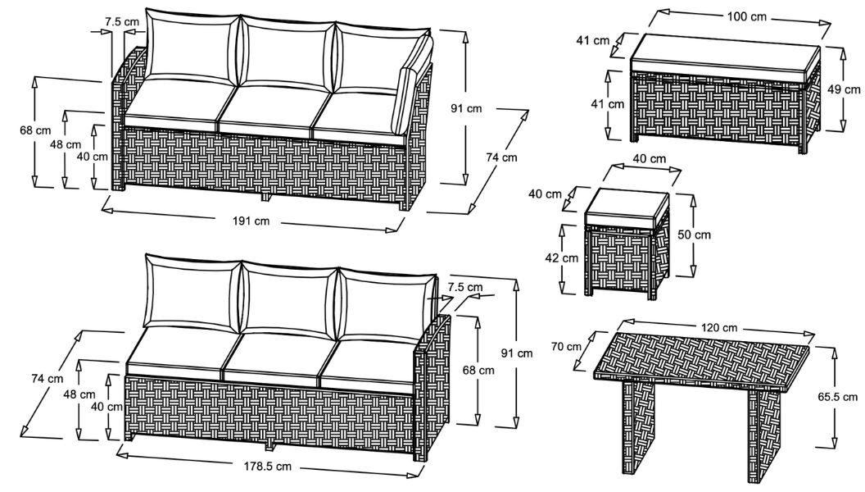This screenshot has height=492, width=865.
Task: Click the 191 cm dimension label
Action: pyautogui.click(x=251, y=221)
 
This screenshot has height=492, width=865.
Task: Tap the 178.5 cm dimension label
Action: pyautogui.click(x=268, y=466)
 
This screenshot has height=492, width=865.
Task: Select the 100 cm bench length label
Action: pyautogui.click(x=746, y=16)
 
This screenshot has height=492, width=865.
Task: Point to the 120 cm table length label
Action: pyautogui.click(x=719, y=327)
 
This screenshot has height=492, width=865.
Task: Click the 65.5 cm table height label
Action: pyautogui.click(x=838, y=397)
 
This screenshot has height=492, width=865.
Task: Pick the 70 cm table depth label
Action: pyautogui.click(x=566, y=346)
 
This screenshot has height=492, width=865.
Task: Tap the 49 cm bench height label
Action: pyautogui.click(x=844, y=89)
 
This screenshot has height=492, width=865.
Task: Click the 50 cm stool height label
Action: pyautogui.click(x=694, y=235)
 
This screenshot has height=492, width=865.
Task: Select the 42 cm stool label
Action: pyautogui.click(x=562, y=257)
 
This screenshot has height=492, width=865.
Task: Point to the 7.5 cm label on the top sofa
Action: pyautogui.click(x=122, y=22)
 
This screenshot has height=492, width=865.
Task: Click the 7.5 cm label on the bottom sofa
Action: pyautogui.click(x=465, y=287)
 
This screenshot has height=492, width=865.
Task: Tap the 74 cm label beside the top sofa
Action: pyautogui.click(x=501, y=157)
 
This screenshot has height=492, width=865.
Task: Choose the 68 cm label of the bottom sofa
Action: pyautogui.click(x=478, y=370)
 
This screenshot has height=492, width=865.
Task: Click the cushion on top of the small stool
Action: pyautogui.click(x=626, y=205)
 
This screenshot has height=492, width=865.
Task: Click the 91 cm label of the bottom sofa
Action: pyautogui.click(x=517, y=353)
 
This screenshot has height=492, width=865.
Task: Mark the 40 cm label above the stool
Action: pyautogui.click(x=650, y=159)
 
